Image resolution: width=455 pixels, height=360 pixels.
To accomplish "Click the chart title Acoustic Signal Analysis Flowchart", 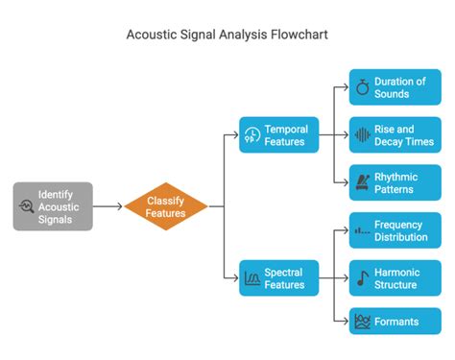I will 227,35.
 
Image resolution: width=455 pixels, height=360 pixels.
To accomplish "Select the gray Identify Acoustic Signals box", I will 53,205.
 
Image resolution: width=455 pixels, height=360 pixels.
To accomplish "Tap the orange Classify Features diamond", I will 165,205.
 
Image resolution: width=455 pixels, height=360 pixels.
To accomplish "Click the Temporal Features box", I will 278,135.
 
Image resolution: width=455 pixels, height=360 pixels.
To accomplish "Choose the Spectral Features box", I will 278,278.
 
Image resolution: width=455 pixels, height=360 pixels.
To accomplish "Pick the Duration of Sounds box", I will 395,87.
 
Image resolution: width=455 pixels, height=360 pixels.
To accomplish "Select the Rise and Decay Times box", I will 395,135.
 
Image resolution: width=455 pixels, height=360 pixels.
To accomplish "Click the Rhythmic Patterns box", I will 395,182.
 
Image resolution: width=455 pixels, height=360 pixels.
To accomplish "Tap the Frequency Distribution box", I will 395,230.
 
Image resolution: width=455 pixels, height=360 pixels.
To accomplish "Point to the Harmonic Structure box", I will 395,278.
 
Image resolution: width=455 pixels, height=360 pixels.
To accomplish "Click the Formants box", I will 395,322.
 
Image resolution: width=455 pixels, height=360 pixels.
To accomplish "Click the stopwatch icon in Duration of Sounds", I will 362,87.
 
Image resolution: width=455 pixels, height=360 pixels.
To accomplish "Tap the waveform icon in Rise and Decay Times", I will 362,135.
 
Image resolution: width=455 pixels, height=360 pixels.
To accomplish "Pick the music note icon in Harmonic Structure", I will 362,278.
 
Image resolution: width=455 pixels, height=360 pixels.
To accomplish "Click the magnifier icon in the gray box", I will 26,206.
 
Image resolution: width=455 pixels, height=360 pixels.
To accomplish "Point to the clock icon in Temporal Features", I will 252,135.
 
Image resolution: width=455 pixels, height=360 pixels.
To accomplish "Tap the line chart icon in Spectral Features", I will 252,278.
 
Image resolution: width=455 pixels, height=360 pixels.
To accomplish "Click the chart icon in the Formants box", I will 362,322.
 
